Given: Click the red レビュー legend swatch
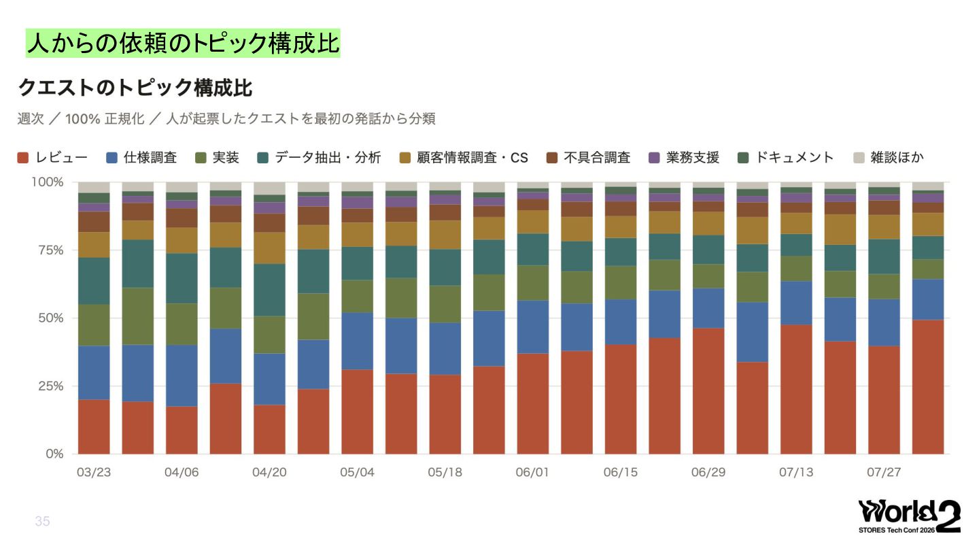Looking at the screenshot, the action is click(22, 158).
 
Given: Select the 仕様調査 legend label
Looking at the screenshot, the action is click(150, 157).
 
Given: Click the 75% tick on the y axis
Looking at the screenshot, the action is click(51, 250).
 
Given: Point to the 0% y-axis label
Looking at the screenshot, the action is click(54, 454).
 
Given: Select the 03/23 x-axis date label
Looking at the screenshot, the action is click(94, 472).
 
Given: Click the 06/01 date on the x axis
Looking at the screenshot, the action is click(532, 472).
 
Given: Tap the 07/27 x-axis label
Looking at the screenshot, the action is click(884, 472).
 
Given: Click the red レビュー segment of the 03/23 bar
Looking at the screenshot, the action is click(94, 427).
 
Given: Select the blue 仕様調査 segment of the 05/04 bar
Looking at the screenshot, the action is click(358, 341).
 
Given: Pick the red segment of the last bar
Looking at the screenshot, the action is click(928, 387).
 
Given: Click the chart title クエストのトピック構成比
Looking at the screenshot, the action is click(135, 88).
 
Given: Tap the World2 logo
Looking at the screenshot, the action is click(910, 517).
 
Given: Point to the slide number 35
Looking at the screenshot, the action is click(42, 521).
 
